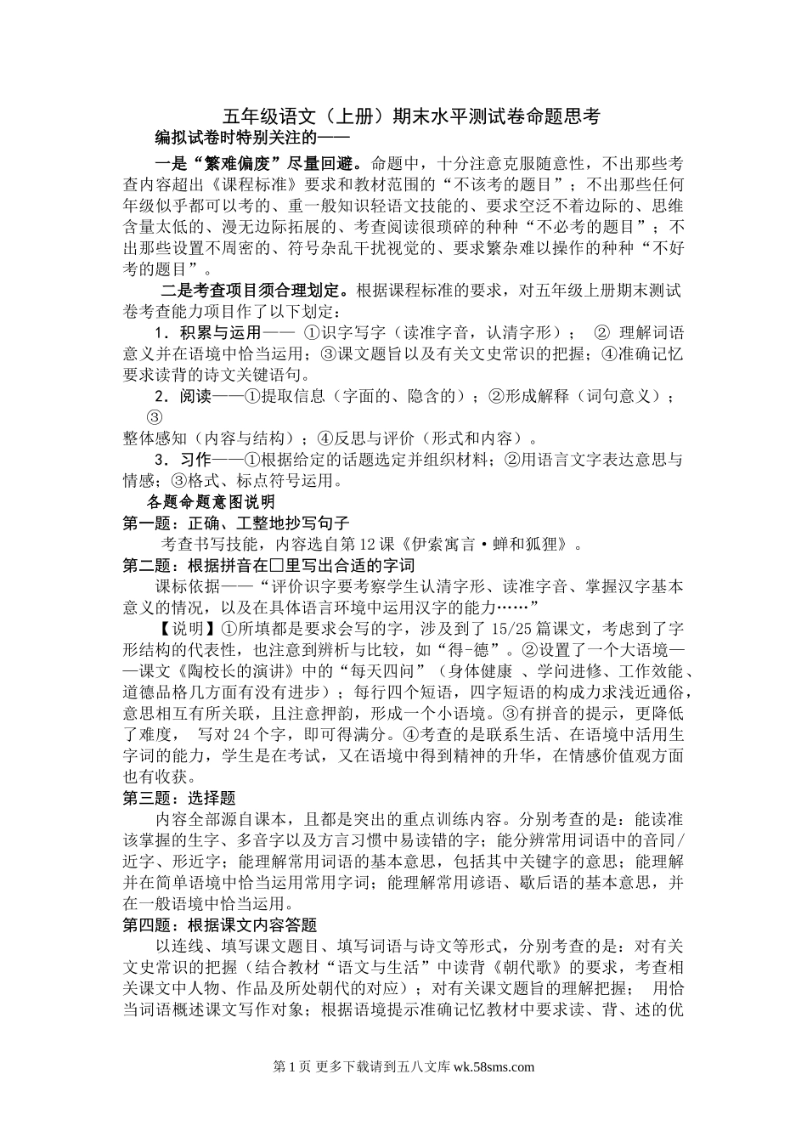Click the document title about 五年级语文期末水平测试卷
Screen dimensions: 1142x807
pyautogui.click(x=411, y=117)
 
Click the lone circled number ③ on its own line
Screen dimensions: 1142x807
pyautogui.click(x=155, y=417)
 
